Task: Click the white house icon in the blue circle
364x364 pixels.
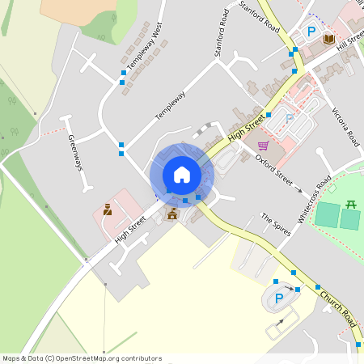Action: tap(182, 175)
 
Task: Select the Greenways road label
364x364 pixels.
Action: tap(75, 152)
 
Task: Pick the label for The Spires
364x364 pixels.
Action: tap(274, 220)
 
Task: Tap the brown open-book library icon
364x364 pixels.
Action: tap(328, 38)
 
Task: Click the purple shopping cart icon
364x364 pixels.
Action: tap(263, 146)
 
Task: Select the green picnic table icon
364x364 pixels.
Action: tap(350, 204)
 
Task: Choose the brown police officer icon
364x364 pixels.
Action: tap(107, 210)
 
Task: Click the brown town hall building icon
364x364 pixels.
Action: tap(171, 214)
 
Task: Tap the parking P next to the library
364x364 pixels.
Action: tap(311, 32)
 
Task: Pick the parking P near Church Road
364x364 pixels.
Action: tap(280, 298)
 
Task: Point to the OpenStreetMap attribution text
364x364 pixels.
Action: tap(82, 358)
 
